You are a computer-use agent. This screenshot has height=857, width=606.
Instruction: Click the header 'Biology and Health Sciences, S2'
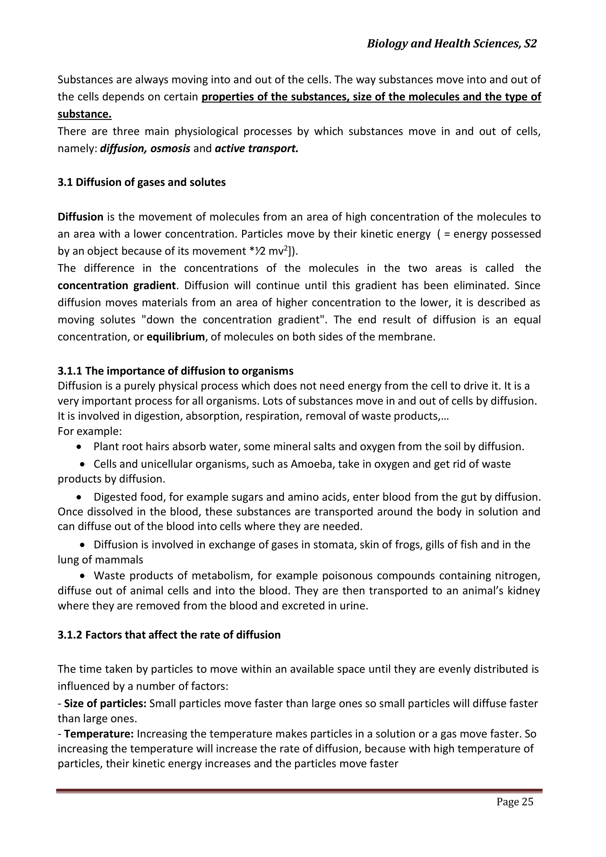click(x=452, y=44)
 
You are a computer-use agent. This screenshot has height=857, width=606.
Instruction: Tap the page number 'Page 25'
click(x=515, y=801)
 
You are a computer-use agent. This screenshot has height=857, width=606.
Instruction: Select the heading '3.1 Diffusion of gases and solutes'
click(x=141, y=183)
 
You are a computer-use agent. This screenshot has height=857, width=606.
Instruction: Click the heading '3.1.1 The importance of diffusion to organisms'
click(x=175, y=371)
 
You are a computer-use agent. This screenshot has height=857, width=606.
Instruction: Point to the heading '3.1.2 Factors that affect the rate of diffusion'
click(x=169, y=635)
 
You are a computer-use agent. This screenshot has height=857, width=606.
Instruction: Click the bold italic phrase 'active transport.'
click(x=257, y=149)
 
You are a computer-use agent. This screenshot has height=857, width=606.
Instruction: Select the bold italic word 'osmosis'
click(x=170, y=149)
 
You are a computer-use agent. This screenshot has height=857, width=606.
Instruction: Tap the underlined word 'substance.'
click(x=84, y=114)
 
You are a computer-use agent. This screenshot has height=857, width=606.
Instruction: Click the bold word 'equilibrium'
click(x=176, y=337)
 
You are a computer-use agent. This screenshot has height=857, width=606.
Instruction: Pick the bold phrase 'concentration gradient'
click(x=116, y=286)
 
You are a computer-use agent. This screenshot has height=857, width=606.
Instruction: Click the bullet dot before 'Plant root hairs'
click(x=78, y=447)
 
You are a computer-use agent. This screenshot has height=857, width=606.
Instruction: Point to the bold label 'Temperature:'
click(x=99, y=734)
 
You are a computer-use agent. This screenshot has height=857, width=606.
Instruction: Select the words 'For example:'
click(x=90, y=432)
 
